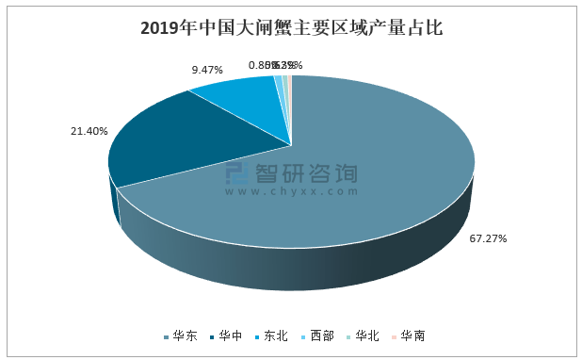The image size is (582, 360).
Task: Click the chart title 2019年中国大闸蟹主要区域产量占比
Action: (x=290, y=27)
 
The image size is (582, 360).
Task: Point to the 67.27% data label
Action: (x=488, y=238)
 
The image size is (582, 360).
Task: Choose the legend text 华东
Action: (x=185, y=335)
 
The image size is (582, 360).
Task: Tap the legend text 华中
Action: (x=231, y=335)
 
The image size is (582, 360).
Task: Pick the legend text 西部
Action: (x=322, y=335)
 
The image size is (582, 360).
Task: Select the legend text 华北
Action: (x=367, y=335)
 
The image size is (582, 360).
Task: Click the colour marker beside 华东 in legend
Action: (x=167, y=336)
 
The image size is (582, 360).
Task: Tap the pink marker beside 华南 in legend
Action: (x=395, y=336)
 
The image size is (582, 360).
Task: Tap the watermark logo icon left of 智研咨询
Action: (x=235, y=176)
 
